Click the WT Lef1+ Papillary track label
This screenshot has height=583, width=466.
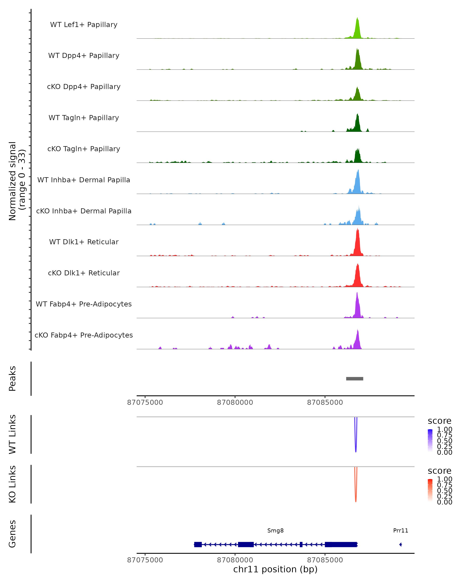point(84,25)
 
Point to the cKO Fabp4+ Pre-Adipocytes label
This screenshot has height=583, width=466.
point(84,335)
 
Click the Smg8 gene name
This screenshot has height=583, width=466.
point(275,531)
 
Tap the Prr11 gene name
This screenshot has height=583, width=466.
point(400,531)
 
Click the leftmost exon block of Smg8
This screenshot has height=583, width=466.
point(198,544)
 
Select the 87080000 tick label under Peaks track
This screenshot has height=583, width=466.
point(235,402)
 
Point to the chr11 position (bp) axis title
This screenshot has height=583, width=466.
point(275,569)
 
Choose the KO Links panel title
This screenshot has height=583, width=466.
point(12,484)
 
